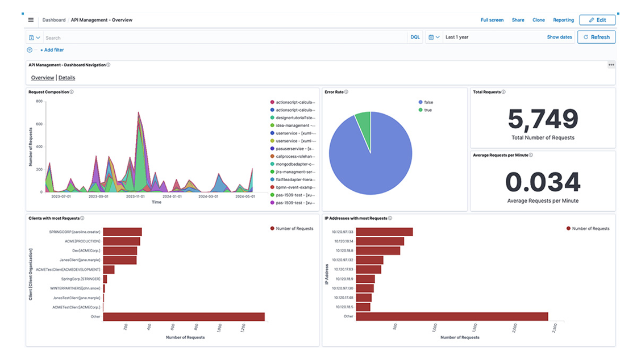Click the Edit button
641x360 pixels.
pyautogui.click(x=597, y=20)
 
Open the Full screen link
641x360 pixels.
pyautogui.click(x=492, y=20)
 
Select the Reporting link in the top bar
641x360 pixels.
pyautogui.click(x=563, y=20)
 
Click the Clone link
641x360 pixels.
pyautogui.click(x=538, y=20)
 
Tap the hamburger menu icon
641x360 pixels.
pyautogui.click(x=31, y=20)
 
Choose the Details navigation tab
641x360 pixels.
pyautogui.click(x=66, y=78)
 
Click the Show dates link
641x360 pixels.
pyautogui.click(x=559, y=37)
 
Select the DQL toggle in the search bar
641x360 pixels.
pyautogui.click(x=415, y=37)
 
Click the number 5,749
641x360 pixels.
pyautogui.click(x=542, y=119)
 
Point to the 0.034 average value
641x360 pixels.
pyautogui.click(x=542, y=182)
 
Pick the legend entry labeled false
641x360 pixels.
pyautogui.click(x=428, y=102)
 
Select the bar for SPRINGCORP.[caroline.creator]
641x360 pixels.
pyautogui.click(x=122, y=232)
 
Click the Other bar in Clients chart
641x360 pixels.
pyautogui.click(x=184, y=316)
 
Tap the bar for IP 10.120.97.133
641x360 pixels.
pyautogui.click(x=384, y=232)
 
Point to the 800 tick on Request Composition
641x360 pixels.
pyautogui.click(x=39, y=101)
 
